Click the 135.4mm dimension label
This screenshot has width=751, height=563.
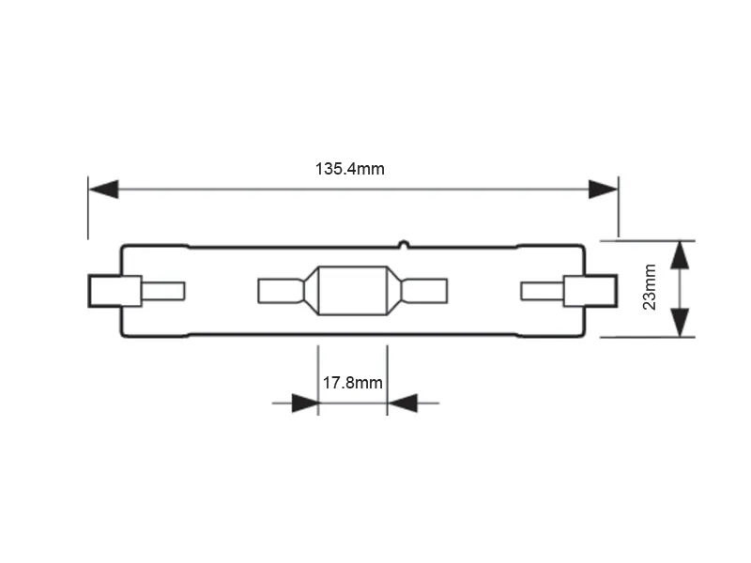point(349,169)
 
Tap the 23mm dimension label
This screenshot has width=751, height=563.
point(650,287)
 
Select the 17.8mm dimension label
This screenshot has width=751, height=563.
point(353,383)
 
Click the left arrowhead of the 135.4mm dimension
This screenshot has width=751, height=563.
point(103,190)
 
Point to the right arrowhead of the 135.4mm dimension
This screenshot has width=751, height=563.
point(603,190)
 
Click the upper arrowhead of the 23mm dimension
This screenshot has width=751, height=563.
point(680,255)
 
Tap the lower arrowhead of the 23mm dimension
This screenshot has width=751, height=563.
point(680,323)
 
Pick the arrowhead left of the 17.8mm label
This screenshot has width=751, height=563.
point(305,403)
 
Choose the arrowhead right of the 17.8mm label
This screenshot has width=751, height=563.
point(403,403)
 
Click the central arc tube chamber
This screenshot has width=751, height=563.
point(353,291)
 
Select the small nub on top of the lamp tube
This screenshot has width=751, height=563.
point(404,244)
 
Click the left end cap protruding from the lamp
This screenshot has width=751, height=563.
point(115,291)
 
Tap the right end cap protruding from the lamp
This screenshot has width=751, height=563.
point(590,291)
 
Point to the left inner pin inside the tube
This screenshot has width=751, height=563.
point(163,291)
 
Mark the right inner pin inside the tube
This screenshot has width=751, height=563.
point(543,291)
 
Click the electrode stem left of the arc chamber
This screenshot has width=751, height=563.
point(281,291)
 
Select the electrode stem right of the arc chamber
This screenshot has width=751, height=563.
point(425,291)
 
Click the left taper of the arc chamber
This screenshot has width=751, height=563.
point(311,291)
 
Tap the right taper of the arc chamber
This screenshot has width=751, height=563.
point(394,291)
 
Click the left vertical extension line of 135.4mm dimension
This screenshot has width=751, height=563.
point(88,207)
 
